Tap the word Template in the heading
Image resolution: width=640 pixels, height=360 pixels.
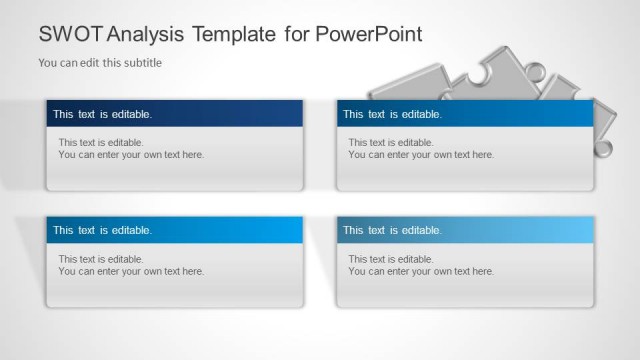[x=238, y=34]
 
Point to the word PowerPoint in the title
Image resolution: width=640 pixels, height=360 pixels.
[x=369, y=34]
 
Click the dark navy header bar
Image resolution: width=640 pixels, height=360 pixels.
[x=174, y=114]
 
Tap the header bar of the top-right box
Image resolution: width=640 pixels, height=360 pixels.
[x=465, y=114]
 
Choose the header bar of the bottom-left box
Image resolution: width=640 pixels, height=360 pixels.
[x=174, y=230]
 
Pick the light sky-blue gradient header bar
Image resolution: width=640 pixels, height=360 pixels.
[x=465, y=230]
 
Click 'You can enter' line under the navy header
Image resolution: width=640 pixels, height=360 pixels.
[x=131, y=155]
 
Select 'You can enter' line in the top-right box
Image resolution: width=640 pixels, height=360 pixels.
[x=421, y=155]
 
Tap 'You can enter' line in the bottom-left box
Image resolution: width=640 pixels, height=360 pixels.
[x=131, y=271]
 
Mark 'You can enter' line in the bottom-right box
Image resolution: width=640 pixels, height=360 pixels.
[x=421, y=271]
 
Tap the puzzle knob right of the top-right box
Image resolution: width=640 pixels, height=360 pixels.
[x=603, y=148]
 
